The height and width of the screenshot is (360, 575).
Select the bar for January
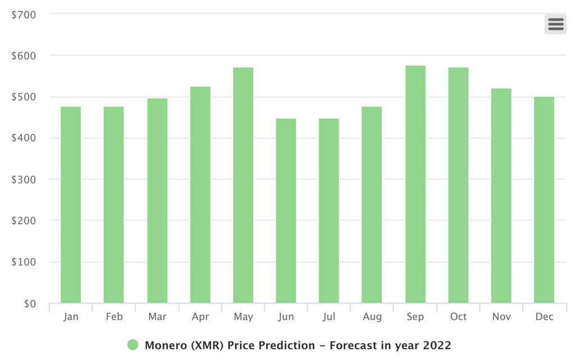[x=71, y=205]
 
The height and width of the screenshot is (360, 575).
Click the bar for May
[x=243, y=185]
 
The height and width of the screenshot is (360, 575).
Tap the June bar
[x=286, y=211]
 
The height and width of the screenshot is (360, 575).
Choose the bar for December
[x=544, y=200]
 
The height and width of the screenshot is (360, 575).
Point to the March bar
[x=157, y=200]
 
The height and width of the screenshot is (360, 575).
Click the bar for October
[x=458, y=185]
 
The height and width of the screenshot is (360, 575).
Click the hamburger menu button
[x=555, y=24]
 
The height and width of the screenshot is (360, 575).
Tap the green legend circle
[x=133, y=345]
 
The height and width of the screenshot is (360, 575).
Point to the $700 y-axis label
[x=24, y=15]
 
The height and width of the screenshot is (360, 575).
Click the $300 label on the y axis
[x=24, y=180]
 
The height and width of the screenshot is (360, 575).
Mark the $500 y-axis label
[x=24, y=97]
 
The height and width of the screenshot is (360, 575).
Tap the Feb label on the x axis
[x=114, y=317]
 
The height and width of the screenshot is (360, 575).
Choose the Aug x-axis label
[x=372, y=317]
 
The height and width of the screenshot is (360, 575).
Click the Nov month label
[x=501, y=317]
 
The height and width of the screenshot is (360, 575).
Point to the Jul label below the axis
[x=329, y=317]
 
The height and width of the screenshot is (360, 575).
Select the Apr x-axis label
[x=200, y=317]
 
